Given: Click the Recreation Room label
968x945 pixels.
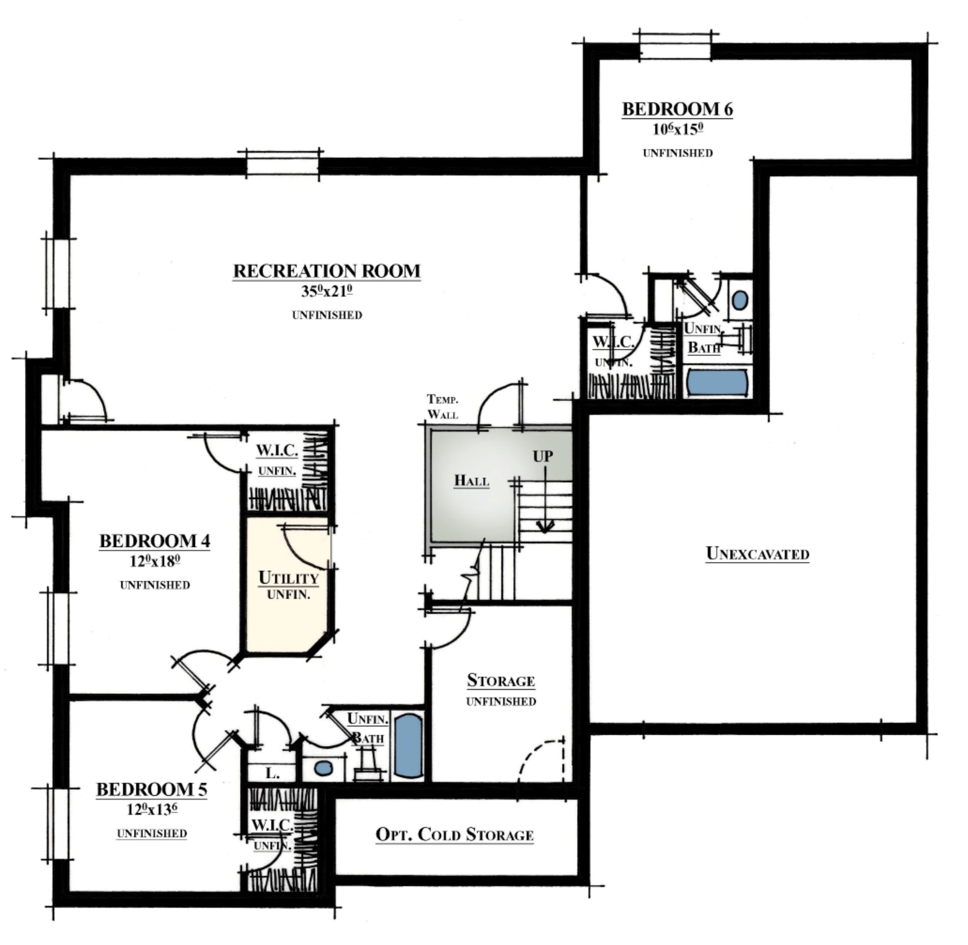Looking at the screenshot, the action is (327, 271).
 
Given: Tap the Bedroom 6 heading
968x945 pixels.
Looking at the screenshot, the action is (677, 109).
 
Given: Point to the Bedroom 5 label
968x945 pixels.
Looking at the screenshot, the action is (151, 790).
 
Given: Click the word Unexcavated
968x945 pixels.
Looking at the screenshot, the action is (757, 553).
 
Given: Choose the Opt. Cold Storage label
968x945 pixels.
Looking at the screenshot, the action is (454, 834).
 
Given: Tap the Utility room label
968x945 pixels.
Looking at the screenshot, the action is (289, 578).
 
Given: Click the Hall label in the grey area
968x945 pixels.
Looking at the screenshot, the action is (471, 480).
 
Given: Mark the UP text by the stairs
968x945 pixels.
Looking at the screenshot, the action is (543, 456).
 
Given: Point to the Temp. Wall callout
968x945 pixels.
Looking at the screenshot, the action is (442, 407).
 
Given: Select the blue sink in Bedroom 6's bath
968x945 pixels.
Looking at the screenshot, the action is (740, 300).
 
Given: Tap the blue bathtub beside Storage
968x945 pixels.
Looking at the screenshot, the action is (408, 746).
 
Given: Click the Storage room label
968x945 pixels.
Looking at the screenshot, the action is (501, 680).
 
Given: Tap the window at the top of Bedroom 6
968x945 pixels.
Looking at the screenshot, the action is (675, 47).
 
